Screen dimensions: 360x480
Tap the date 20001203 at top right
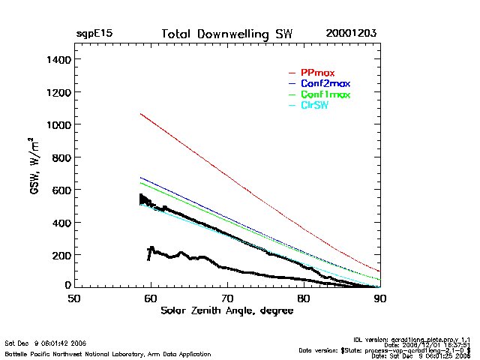click(x=351, y=34)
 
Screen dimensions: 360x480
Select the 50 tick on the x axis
click(x=74, y=298)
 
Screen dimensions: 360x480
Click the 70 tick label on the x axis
click(x=227, y=298)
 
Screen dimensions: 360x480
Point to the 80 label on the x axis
click(x=304, y=298)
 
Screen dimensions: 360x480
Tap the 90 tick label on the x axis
click(x=380, y=298)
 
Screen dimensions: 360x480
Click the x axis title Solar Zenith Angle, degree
click(x=227, y=310)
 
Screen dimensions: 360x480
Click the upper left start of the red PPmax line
click(x=141, y=114)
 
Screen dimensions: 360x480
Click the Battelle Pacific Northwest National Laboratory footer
click(x=108, y=353)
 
